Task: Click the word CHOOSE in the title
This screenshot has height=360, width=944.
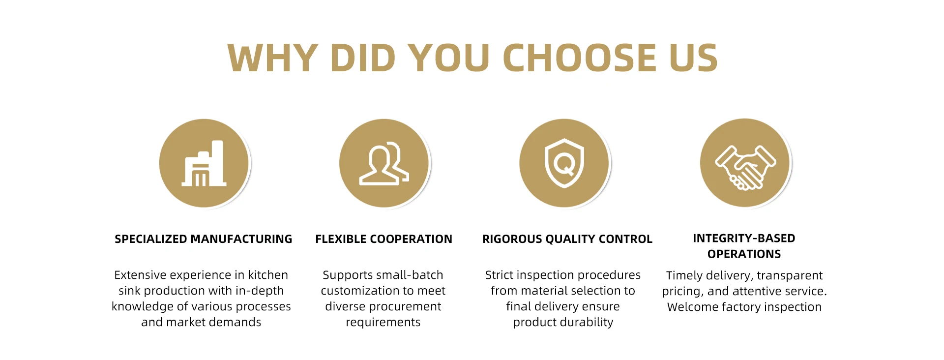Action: pyautogui.click(x=579, y=58)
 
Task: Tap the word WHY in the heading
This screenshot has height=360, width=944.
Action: pyautogui.click(x=273, y=58)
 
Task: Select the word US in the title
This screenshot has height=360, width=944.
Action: pyautogui.click(x=694, y=58)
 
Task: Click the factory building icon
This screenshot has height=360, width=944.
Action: pyautogui.click(x=204, y=163)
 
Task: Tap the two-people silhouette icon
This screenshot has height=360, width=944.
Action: pyautogui.click(x=384, y=163)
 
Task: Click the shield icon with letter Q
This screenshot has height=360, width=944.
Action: pyautogui.click(x=564, y=163)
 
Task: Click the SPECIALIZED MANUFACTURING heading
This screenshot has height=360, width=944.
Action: pyautogui.click(x=204, y=239)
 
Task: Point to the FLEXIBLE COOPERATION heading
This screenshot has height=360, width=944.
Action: pyautogui.click(x=384, y=239)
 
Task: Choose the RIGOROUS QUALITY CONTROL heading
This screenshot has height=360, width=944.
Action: pyautogui.click(x=567, y=239)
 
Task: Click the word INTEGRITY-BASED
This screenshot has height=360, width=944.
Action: pyautogui.click(x=744, y=238)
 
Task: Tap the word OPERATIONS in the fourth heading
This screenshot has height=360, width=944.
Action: pyautogui.click(x=744, y=254)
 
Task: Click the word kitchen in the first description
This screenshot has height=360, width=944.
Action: pyautogui.click(x=268, y=275)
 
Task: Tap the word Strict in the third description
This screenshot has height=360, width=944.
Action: pyautogui.click(x=500, y=275)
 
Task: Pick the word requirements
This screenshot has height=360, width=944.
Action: pyautogui.click(x=383, y=323)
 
